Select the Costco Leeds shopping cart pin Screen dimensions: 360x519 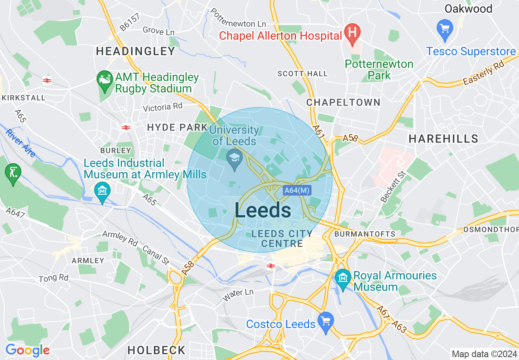pos(326,320)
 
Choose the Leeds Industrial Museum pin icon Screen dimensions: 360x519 pos(101,190)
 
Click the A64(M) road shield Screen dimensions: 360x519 pos(297,190)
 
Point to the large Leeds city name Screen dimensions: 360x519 pos(263,210)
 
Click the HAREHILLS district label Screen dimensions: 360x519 pos(443,139)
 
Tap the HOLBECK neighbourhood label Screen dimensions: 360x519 pos(156,350)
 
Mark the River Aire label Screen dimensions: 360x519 pos(21,143)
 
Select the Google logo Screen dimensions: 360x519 pos(27,350)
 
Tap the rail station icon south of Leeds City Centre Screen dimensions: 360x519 pos(270,265)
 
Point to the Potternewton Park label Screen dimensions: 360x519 pos(379,70)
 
